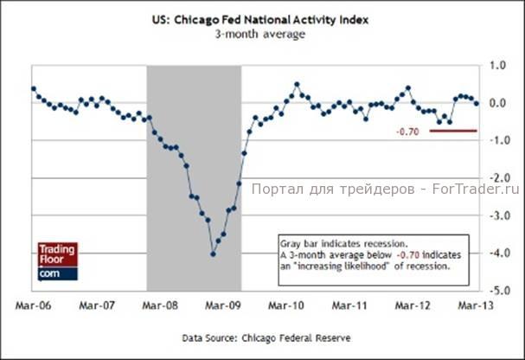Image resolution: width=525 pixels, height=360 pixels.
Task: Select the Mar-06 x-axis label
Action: click(x=33, y=306)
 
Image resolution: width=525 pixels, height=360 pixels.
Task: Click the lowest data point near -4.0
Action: click(x=213, y=254)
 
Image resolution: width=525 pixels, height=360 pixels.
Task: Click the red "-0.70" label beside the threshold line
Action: click(x=407, y=132)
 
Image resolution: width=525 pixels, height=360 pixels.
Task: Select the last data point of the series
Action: click(x=477, y=103)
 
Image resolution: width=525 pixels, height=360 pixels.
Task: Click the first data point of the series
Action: click(x=33, y=88)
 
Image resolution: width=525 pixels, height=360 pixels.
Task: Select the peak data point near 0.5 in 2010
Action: click(x=297, y=85)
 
